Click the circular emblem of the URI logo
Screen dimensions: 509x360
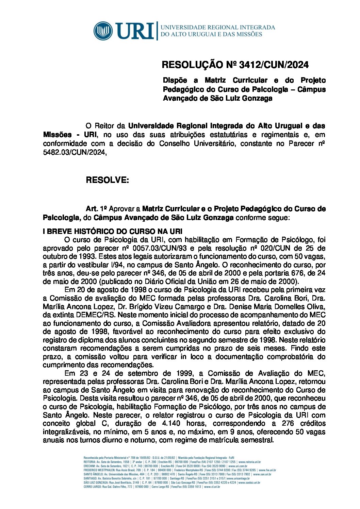(x=103, y=31)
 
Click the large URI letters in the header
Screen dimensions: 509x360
(x=135, y=31)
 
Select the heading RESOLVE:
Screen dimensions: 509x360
(x=107, y=180)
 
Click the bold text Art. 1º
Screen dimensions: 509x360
(x=97, y=208)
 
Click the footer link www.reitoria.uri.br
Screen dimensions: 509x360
(x=249, y=462)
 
